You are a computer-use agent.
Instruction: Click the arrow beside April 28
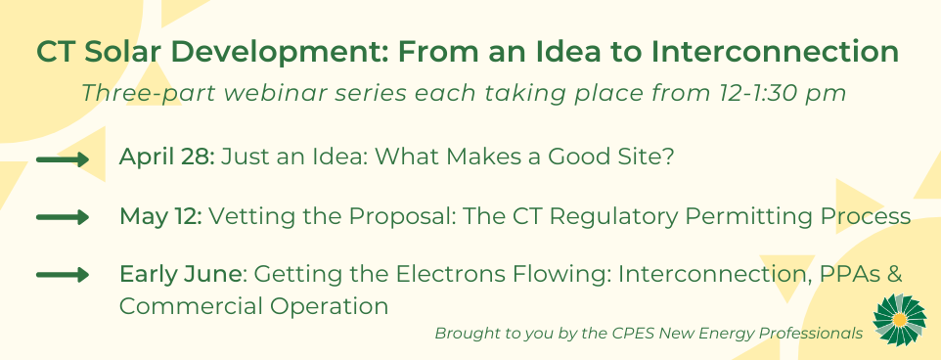tap(63, 159)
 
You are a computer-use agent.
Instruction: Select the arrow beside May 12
tap(63, 217)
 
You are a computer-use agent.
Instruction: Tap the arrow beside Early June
tap(63, 276)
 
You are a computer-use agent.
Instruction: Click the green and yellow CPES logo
tap(900, 320)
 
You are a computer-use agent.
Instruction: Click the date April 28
tap(167, 157)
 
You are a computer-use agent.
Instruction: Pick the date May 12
tap(160, 216)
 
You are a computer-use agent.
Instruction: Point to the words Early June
tap(180, 275)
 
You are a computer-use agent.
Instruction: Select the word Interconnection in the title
tap(776, 52)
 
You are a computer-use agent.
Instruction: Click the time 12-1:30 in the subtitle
tap(763, 93)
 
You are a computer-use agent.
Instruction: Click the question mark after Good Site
tap(668, 157)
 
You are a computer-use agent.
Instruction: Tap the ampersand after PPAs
tap(894, 275)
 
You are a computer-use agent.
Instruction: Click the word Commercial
tap(189, 306)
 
